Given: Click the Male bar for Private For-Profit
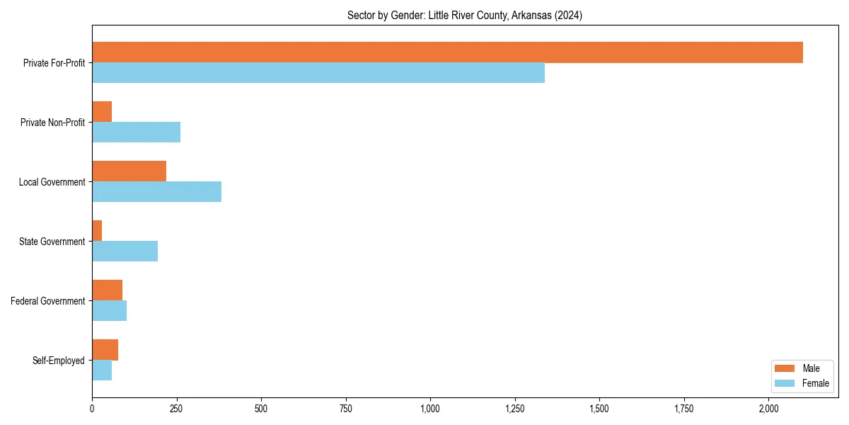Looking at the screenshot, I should (447, 52).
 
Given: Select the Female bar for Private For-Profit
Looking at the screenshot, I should (318, 73).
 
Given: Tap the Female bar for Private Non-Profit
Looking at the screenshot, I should (136, 132).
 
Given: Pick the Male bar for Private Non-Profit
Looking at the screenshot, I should (102, 112).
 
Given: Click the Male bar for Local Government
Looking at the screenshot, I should (129, 171).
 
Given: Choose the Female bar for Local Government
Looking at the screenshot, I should (156, 192).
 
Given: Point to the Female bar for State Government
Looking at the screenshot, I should (125, 251).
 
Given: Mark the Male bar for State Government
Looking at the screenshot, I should (97, 231).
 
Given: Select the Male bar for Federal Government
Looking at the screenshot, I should (107, 290).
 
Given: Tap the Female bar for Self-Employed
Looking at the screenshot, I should (102, 370).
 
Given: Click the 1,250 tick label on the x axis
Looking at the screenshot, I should (515, 409).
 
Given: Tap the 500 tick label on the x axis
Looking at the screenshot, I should (261, 409).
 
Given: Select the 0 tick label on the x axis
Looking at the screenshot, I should (92, 409).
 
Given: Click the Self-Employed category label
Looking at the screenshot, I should (59, 361).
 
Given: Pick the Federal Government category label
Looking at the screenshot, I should (48, 301).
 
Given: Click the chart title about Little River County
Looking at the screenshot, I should (465, 16).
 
